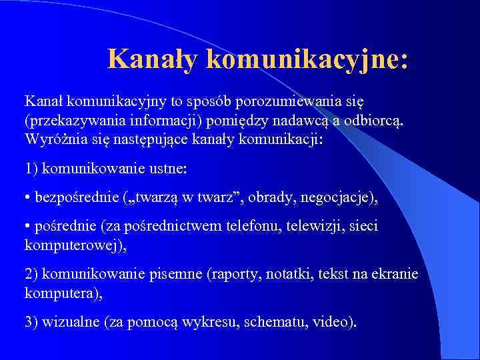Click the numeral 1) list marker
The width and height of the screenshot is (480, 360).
(x=31, y=169)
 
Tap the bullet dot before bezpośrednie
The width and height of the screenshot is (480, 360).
(x=27, y=198)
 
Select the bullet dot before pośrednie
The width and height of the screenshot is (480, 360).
(x=27, y=227)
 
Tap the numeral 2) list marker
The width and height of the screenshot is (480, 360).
(x=31, y=275)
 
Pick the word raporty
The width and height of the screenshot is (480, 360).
(x=247, y=275)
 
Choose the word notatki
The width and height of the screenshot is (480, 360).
(x=295, y=275)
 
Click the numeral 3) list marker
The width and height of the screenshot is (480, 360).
(x=31, y=322)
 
